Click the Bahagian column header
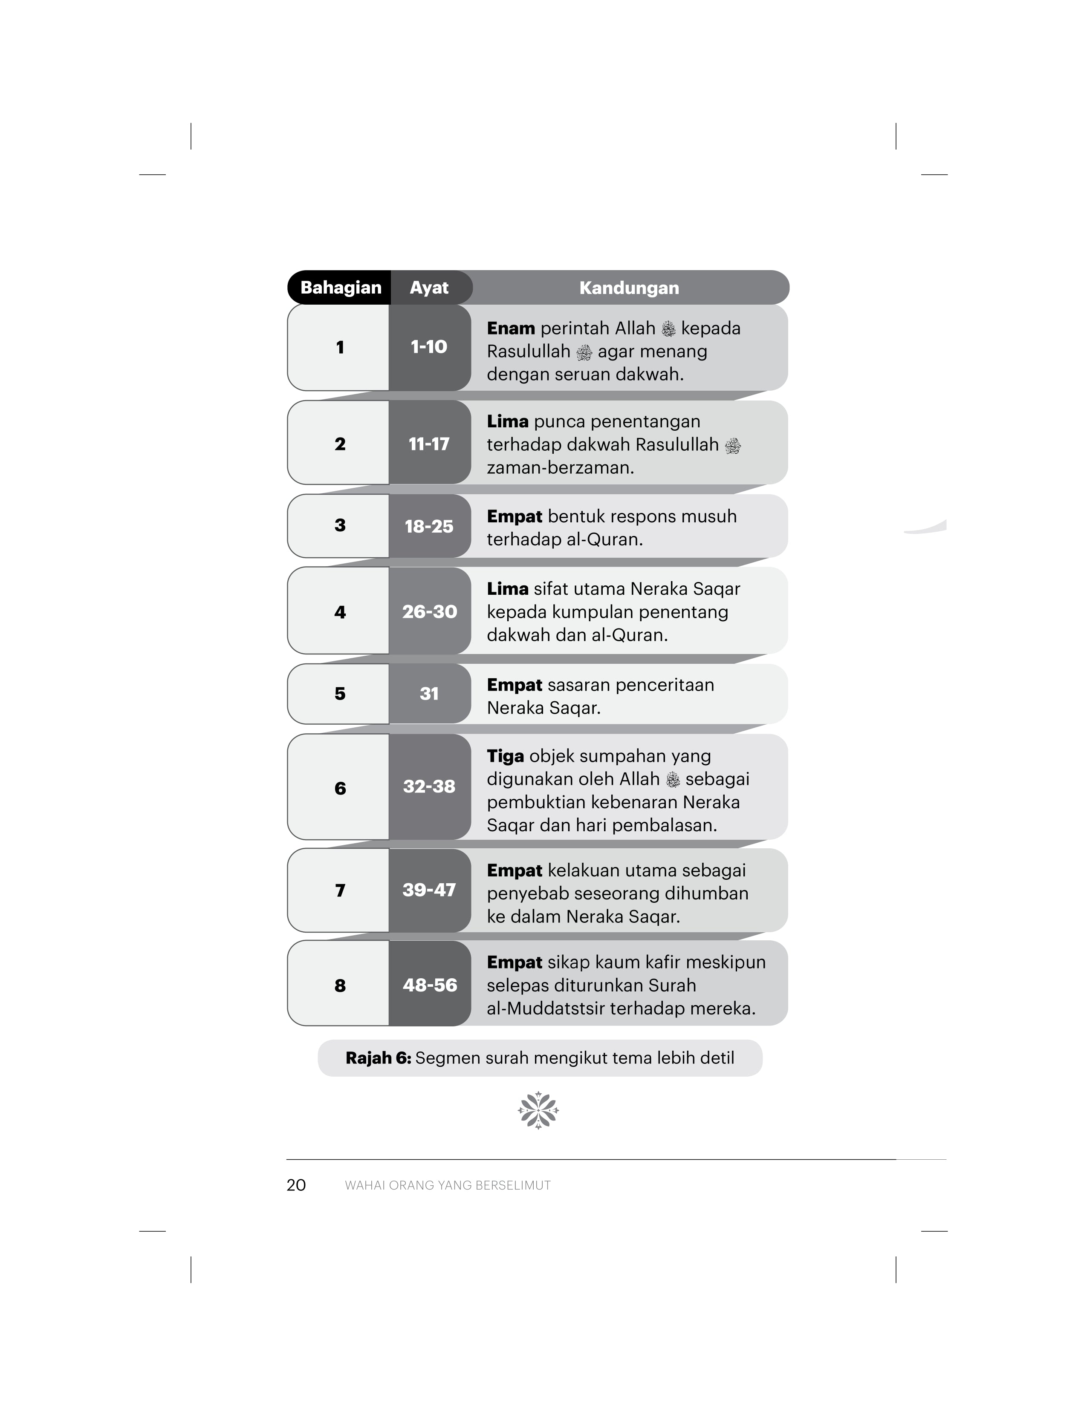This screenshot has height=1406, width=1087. [x=341, y=288]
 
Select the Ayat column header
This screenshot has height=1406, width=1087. [x=429, y=288]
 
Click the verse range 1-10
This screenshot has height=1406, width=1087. [x=429, y=347]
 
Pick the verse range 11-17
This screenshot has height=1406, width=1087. [x=429, y=444]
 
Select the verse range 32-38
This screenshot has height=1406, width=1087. [x=429, y=787]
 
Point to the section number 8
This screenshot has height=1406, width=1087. [x=340, y=985]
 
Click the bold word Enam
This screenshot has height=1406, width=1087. [x=511, y=328]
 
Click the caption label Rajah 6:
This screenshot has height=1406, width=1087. [x=378, y=1058]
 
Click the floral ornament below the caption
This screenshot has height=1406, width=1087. [x=538, y=1110]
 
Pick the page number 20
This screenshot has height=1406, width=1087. [x=296, y=1185]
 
